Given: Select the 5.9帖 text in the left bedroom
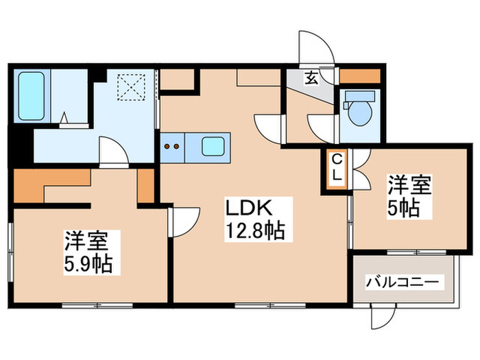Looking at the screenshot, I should point(89,262).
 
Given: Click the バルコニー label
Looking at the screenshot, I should point(405,282).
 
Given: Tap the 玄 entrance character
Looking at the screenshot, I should point(311,77).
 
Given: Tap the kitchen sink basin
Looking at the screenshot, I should point(213,145).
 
